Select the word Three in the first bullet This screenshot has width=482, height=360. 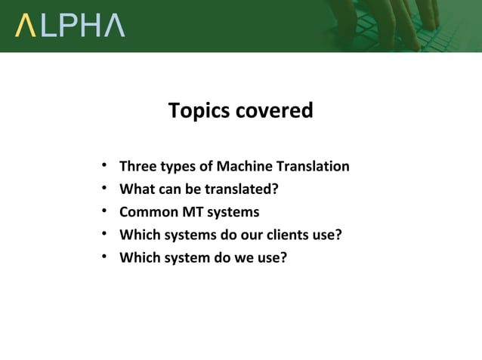[x=137, y=166]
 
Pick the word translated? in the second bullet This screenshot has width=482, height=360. [x=240, y=189]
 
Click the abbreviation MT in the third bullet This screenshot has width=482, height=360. [x=192, y=211]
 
